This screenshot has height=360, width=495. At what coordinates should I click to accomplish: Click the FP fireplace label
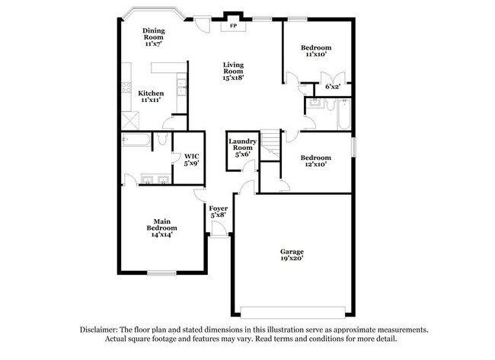(233, 26)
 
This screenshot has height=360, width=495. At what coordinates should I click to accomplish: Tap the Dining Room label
(154, 33)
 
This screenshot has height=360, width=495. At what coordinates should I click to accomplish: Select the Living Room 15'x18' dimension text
(233, 78)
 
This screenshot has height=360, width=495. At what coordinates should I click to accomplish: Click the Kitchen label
(151, 94)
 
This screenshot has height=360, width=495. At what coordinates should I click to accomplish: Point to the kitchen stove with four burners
(126, 88)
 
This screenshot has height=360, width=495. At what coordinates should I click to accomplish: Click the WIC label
(192, 156)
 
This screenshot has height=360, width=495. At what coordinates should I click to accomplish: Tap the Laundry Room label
(242, 145)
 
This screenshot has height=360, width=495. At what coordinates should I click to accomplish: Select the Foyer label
(218, 209)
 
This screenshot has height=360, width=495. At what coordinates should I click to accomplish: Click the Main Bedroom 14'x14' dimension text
(162, 234)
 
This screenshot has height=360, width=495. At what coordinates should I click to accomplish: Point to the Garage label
(292, 252)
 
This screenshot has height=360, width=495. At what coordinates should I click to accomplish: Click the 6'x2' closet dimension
(333, 87)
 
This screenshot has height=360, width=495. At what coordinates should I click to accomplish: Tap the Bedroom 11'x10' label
(316, 51)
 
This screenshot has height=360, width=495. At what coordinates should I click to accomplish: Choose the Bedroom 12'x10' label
(316, 161)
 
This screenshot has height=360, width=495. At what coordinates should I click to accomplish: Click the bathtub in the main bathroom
(136, 140)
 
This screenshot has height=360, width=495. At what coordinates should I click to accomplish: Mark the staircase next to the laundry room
(270, 145)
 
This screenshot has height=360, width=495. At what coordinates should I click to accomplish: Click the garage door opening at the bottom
(292, 311)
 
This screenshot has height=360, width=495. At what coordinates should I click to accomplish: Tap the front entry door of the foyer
(219, 234)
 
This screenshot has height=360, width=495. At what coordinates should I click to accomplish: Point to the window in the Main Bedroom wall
(161, 273)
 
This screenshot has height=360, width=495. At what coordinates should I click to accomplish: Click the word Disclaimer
(99, 330)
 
